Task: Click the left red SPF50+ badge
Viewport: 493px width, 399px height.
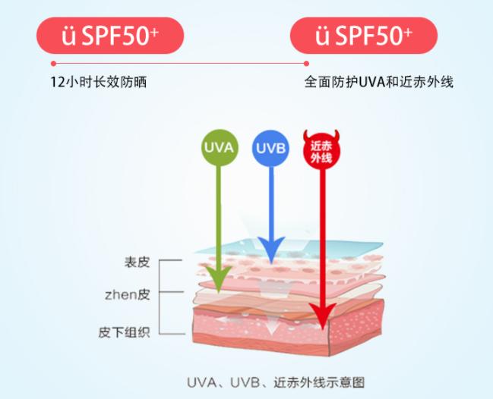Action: [x=110, y=36]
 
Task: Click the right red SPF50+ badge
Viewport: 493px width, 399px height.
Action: [x=364, y=36]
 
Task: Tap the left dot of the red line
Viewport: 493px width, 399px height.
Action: [x=53, y=64]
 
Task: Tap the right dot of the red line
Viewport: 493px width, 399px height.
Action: [x=307, y=64]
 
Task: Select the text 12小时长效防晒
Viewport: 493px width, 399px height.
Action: [x=99, y=82]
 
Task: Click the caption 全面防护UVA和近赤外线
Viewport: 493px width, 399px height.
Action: [x=379, y=82]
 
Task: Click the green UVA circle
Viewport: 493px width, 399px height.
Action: [x=220, y=148]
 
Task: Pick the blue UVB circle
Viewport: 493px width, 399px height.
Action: [x=270, y=148]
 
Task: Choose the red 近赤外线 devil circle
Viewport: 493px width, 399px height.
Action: [x=321, y=150]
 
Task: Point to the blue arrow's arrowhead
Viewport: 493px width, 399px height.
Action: [x=272, y=250]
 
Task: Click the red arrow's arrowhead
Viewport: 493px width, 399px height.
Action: [x=322, y=316]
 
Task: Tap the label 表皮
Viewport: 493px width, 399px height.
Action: [x=137, y=262]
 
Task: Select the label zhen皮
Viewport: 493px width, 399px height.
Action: [x=127, y=295]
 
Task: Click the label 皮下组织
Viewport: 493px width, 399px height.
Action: [x=124, y=332]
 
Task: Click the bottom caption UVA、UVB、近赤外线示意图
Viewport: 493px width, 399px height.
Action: [x=276, y=382]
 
